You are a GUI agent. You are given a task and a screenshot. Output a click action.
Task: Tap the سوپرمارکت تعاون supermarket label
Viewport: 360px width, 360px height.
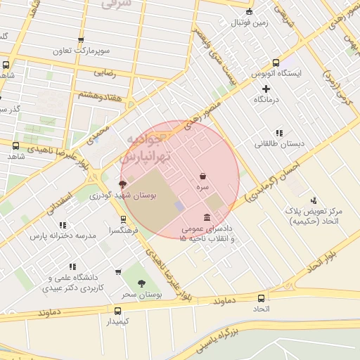point(81,51)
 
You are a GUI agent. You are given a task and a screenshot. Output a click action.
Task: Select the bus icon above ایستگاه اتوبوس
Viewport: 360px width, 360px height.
point(276,62)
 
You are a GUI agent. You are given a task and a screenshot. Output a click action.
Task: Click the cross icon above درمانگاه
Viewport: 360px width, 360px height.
point(266,89)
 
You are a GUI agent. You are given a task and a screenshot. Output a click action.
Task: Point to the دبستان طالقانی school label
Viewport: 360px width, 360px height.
point(279,143)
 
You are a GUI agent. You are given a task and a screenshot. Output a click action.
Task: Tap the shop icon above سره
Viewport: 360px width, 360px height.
point(203,176)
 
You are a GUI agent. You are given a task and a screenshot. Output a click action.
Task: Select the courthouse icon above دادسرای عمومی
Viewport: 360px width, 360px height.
point(206,217)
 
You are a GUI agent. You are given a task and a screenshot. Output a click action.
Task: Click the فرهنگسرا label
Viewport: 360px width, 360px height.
point(123,230)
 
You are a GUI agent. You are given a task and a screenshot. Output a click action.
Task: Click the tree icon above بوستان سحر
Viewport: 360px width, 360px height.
point(143,283)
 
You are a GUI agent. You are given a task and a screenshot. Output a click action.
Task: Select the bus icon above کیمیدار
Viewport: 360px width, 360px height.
point(117,309)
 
